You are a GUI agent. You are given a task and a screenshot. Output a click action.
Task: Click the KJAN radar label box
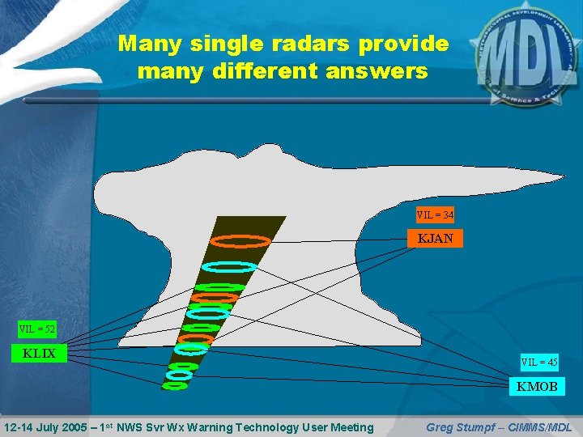(436, 239)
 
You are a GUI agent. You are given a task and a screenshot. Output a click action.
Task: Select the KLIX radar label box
(39, 353)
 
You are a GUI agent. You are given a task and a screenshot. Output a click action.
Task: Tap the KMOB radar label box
(537, 387)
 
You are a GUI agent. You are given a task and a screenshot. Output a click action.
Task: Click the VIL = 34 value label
(435, 215)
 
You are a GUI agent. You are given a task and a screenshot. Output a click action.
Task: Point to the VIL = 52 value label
(37, 329)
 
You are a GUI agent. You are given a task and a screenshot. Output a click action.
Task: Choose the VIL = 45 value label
(538, 363)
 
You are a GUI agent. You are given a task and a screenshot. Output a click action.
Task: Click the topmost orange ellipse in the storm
(240, 240)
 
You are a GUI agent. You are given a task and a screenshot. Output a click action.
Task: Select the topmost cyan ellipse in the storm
(229, 266)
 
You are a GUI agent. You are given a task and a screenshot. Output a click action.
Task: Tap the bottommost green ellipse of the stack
(175, 386)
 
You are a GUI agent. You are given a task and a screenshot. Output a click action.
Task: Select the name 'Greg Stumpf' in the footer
(459, 427)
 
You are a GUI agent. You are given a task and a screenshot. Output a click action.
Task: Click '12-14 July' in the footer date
(32, 427)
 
